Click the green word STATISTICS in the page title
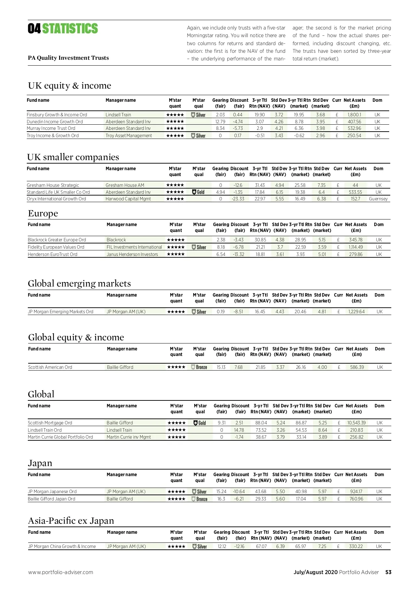70,28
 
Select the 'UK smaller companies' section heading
73,157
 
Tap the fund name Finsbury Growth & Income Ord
57,115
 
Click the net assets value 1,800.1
354,115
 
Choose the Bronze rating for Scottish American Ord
199,367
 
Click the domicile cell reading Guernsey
378,199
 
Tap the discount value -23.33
238,199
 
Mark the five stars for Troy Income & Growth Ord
175,136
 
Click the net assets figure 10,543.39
356,423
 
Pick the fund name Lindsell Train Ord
44,430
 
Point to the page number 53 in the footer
388,572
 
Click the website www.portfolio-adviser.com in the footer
60,572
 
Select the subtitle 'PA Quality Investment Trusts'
68,58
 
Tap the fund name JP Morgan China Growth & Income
62,546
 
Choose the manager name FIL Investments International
134,247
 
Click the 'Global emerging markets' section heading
79,284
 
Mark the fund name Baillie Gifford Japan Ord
51,499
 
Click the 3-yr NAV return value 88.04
261,423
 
